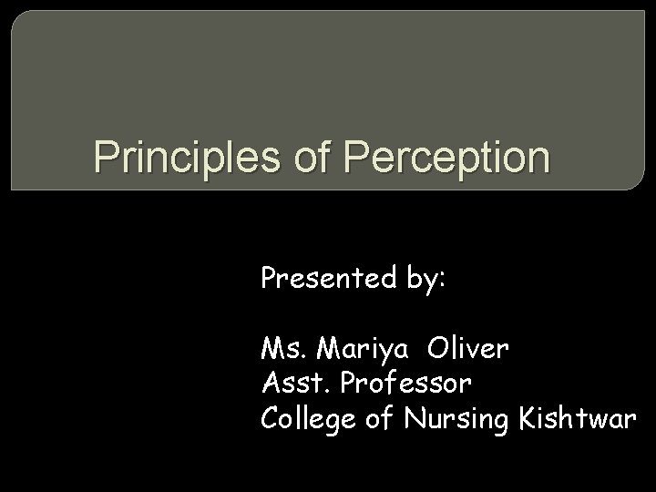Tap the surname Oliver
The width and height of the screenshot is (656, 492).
coord(468,348)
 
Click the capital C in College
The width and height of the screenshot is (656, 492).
coord(271,417)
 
